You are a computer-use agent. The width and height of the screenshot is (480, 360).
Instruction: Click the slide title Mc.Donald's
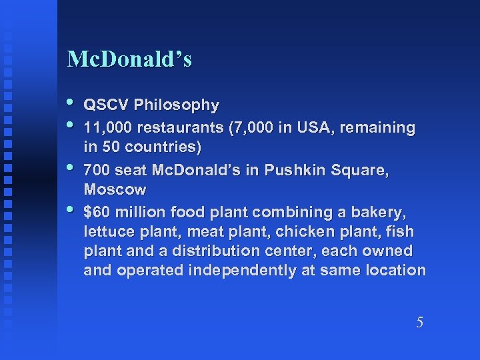pyautogui.click(x=129, y=60)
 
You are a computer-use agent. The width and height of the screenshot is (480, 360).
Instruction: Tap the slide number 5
pyautogui.click(x=419, y=323)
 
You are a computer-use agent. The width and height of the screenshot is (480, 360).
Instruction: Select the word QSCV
pyautogui.click(x=106, y=105)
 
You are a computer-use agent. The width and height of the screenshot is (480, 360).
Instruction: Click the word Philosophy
pyautogui.click(x=176, y=105)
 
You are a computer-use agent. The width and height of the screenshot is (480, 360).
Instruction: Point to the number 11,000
pyautogui.click(x=107, y=127)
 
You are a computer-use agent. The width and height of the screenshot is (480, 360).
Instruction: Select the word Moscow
pyautogui.click(x=115, y=189)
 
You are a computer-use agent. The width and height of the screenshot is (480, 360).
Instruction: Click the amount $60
pyautogui.click(x=97, y=213)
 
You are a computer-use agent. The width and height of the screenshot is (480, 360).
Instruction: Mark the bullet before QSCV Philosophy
pyautogui.click(x=72, y=103)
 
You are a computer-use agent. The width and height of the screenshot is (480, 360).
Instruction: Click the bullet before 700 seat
pyautogui.click(x=72, y=167)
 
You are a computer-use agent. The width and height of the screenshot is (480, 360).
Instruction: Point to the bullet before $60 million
pyautogui.click(x=72, y=210)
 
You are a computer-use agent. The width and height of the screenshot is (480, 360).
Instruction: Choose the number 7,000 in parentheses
pyautogui.click(x=250, y=127)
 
